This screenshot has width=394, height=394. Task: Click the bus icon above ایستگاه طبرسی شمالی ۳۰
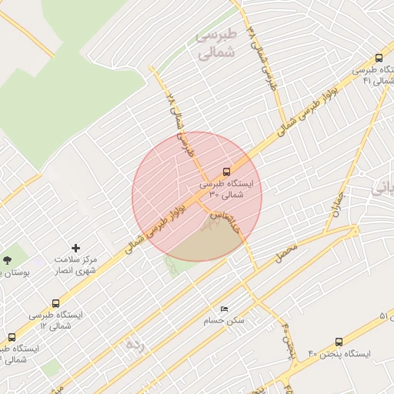coord(226,171)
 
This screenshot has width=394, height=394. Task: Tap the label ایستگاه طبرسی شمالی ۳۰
coord(230,190)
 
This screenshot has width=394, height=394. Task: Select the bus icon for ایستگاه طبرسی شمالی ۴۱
coord(379,58)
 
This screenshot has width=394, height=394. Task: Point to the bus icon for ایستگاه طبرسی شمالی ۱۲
coord(55,303)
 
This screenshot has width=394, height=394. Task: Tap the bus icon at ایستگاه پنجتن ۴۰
coord(339,342)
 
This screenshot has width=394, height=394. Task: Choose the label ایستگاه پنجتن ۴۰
coord(339,354)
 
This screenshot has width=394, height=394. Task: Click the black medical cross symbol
coord(75,248)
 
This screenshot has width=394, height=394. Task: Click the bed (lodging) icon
coord(224,309)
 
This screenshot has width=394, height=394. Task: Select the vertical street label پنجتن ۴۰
coord(288,339)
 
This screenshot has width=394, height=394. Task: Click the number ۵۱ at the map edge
coord(385,317)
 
